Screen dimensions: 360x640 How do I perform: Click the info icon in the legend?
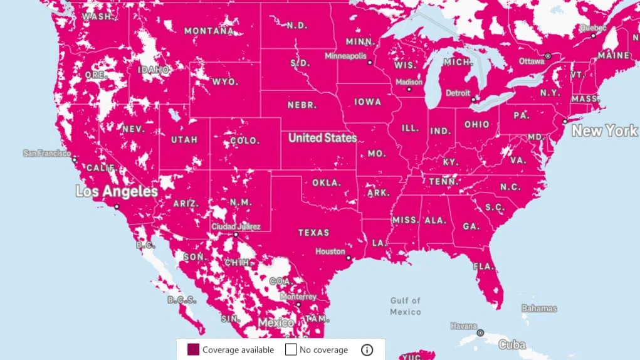[367, 350]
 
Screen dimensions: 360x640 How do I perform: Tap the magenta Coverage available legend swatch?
[194, 350]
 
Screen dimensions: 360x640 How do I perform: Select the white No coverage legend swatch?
[291, 350]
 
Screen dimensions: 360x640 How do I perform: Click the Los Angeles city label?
[114, 191]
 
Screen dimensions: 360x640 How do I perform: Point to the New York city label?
[604, 131]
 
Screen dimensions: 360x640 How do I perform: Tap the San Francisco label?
[47, 152]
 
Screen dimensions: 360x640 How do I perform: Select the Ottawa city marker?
[548, 56]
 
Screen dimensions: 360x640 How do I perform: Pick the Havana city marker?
[480, 333]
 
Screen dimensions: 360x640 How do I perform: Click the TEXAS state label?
[313, 233]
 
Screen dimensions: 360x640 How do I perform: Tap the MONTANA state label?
[209, 31]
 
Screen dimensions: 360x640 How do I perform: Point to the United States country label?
[322, 138]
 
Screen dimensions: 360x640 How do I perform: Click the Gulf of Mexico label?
[406, 306]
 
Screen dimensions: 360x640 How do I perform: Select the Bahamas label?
[539, 309]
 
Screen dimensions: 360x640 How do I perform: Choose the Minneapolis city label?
[345, 56]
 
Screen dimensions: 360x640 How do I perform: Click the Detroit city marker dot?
[474, 98]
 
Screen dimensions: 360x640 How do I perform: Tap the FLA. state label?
[483, 267]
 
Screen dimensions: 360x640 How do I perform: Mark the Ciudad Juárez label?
[236, 226]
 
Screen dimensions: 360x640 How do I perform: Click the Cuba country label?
[512, 344]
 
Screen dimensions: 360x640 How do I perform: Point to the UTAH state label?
[184, 140]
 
